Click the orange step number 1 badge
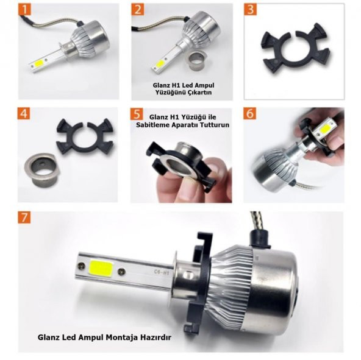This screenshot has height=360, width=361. tap(24, 9)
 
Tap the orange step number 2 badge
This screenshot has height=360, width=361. tap(138, 9)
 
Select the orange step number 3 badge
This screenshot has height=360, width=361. tap(250, 9)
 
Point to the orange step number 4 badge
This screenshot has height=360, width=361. tap(24, 113)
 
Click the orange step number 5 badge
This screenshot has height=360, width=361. tap(137, 114)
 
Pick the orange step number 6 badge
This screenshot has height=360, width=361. tap(250, 114)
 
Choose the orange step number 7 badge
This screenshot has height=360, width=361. tap(24, 217)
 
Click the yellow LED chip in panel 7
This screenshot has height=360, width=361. tap(101, 269)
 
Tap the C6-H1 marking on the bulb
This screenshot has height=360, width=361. tap(162, 273)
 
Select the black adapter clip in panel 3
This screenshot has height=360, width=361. tap(297, 48)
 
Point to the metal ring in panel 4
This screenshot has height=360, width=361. tap(42, 169)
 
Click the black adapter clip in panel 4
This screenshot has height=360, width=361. tap(85, 136)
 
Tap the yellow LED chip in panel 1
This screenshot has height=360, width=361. tap(40, 63)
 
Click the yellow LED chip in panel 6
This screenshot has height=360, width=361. tap(325, 130)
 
